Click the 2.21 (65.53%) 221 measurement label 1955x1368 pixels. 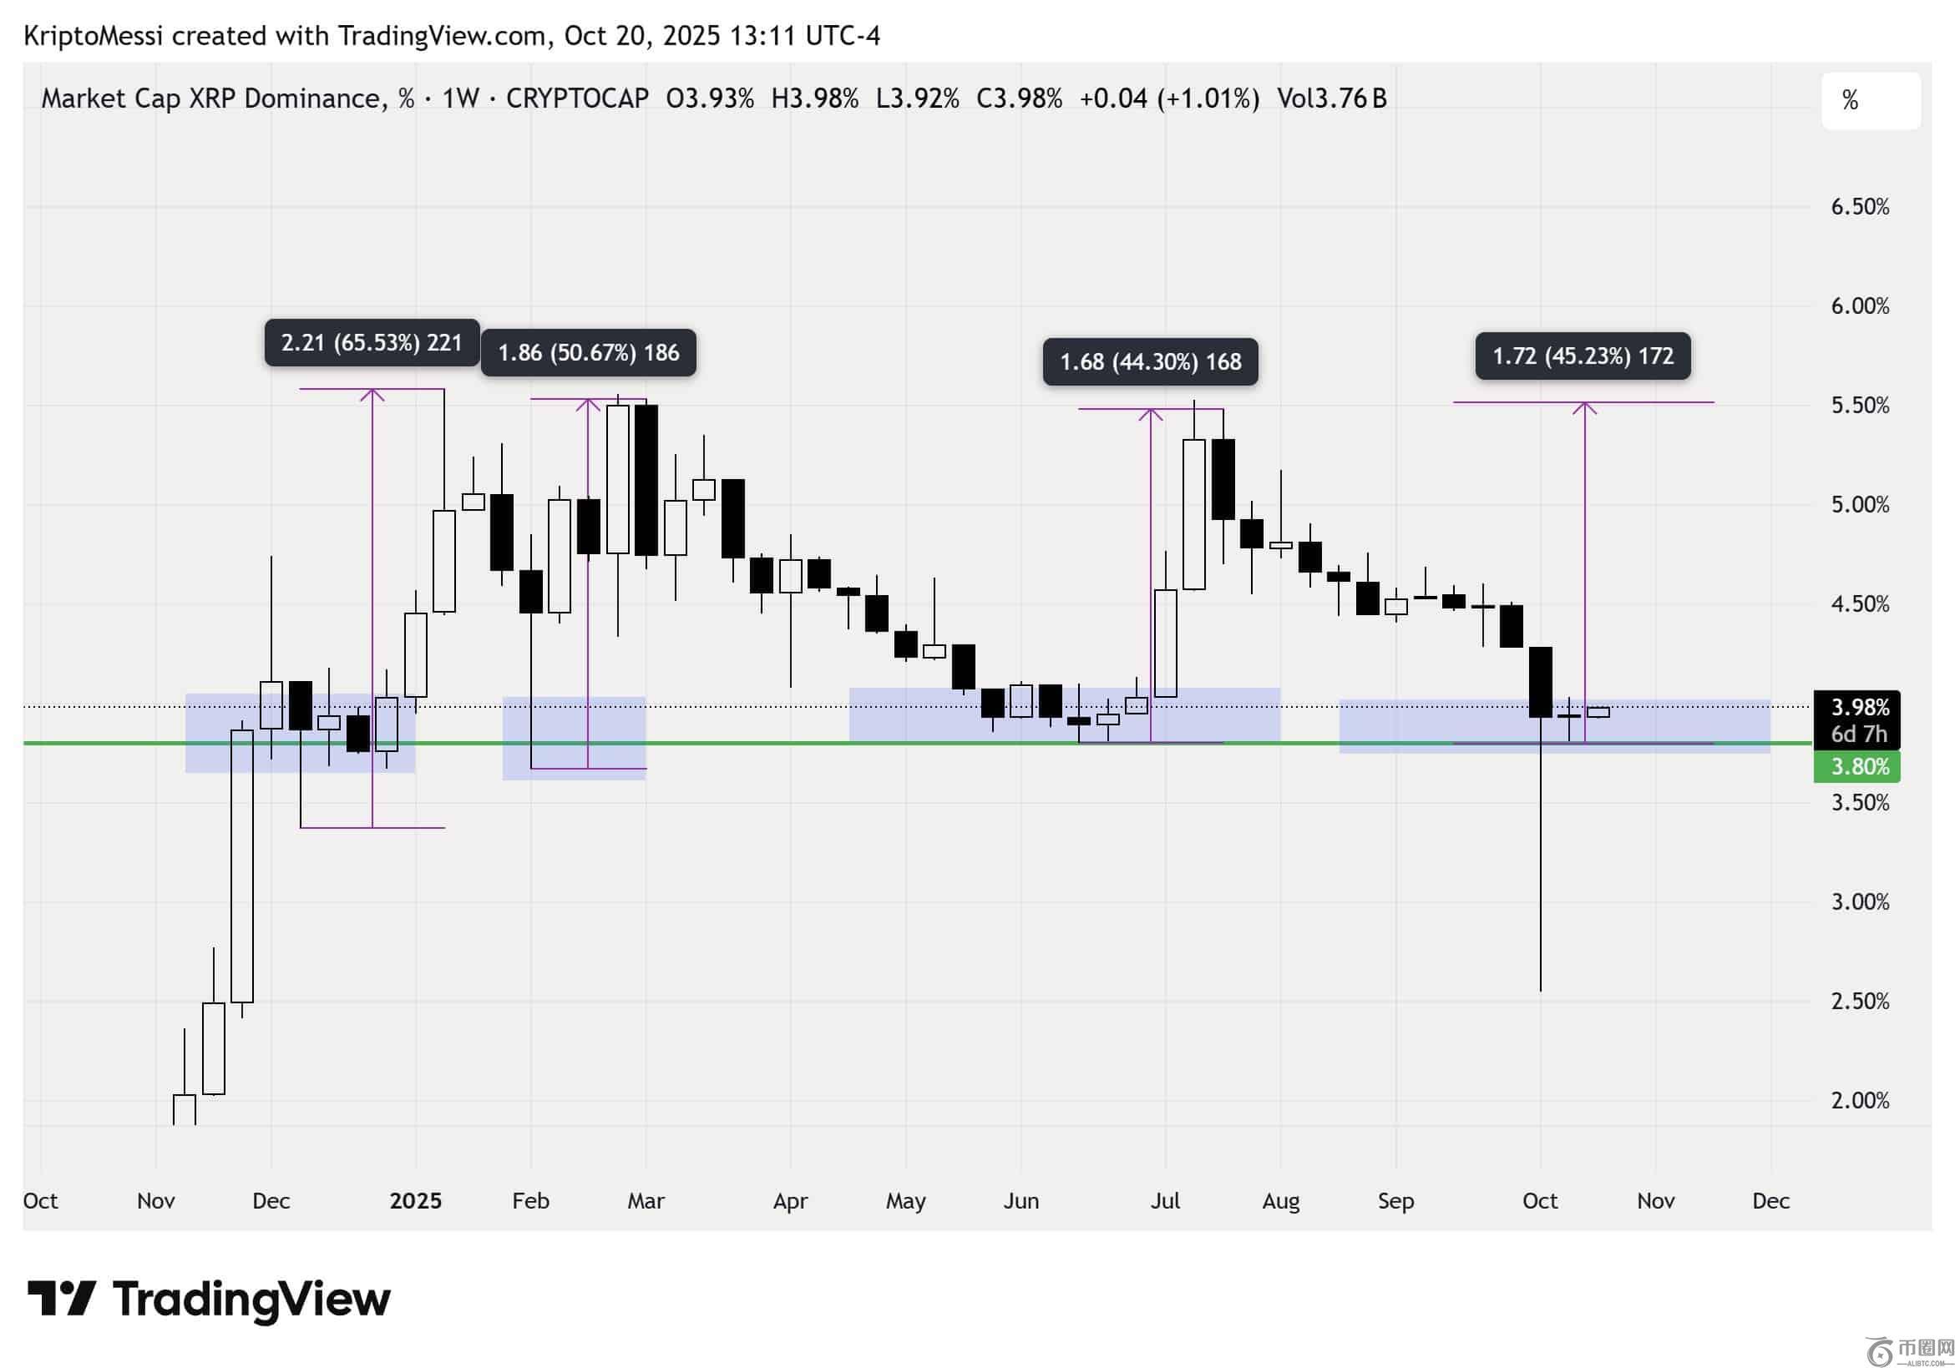coord(372,343)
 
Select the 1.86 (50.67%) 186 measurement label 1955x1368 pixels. coord(589,353)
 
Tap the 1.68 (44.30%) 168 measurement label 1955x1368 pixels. coord(1150,362)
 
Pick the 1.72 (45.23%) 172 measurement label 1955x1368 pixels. coord(1583,356)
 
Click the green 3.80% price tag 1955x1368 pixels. coord(1859,767)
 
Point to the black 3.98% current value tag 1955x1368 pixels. coord(1859,709)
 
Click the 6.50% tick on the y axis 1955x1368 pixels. coord(1860,207)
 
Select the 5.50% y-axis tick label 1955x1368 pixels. coord(1860,405)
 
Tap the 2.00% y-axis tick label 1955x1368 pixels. coord(1860,1101)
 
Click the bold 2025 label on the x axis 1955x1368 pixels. coord(416,1201)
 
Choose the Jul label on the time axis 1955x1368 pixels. coord(1165,1201)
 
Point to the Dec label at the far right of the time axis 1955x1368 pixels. coord(1770,1201)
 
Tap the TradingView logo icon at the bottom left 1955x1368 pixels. coord(61,1298)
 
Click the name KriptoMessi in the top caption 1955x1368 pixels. coord(93,36)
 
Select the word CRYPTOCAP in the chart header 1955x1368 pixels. coord(576,98)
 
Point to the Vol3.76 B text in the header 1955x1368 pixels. coord(1332,98)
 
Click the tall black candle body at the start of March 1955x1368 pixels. coord(646,481)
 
